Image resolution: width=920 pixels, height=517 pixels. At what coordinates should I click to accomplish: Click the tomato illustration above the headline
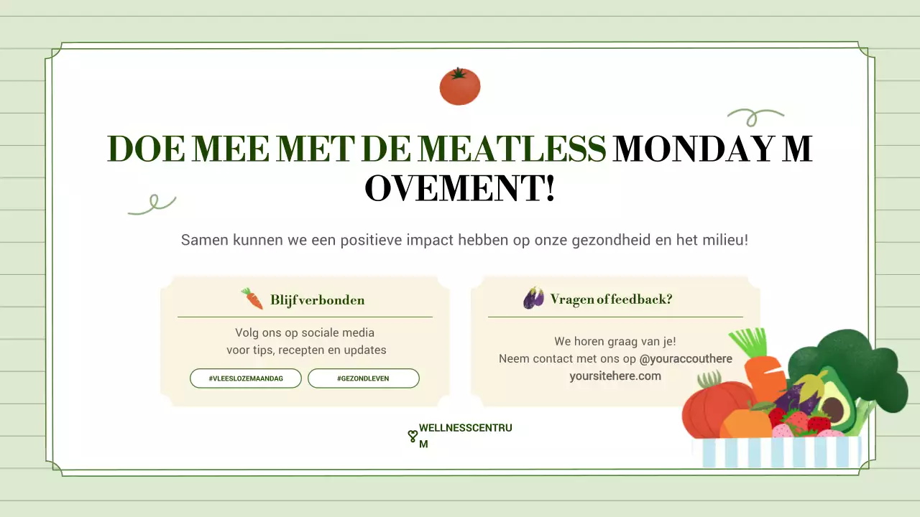[460, 87]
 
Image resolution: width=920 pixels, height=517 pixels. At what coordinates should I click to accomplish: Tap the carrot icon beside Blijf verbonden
[252, 299]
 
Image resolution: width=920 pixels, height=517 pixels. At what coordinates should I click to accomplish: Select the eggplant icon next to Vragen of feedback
[533, 298]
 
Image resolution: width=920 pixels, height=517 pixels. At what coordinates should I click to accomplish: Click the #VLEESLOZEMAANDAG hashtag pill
[246, 378]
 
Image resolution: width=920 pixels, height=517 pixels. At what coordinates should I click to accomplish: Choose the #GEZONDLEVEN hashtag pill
[363, 378]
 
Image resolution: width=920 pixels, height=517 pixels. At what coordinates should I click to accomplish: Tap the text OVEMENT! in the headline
[460, 189]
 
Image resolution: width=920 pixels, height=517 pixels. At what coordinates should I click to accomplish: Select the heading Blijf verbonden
[317, 300]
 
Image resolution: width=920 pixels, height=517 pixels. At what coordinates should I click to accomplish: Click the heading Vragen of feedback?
[611, 299]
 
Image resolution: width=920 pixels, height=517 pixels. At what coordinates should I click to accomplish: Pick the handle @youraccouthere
[686, 358]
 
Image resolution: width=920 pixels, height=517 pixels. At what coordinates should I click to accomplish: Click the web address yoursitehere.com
[615, 376]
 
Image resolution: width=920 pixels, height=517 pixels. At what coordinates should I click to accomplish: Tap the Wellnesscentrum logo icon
[413, 436]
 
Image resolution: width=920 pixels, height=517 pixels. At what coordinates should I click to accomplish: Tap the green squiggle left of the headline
[152, 204]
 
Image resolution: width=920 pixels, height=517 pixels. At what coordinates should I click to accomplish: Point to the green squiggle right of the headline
[755, 116]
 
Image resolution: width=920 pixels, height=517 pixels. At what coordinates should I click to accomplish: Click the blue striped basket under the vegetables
[776, 452]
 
